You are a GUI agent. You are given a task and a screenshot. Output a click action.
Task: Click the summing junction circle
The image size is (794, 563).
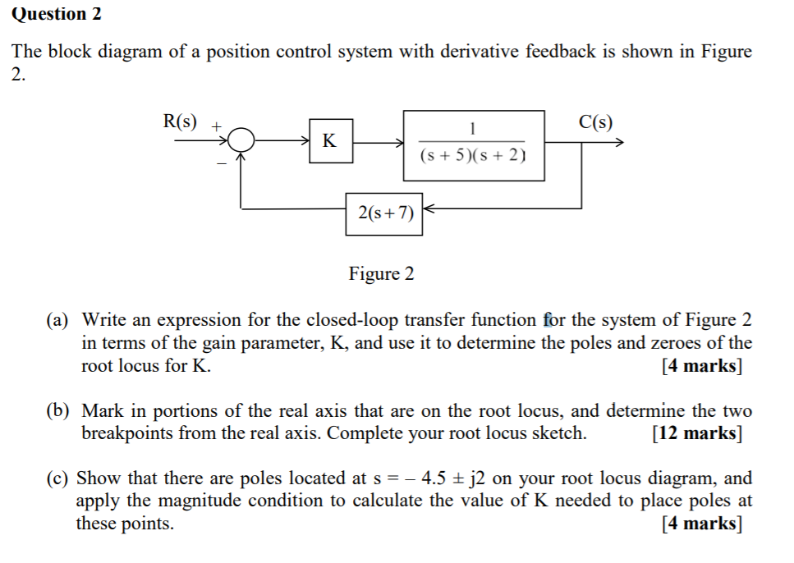point(241,141)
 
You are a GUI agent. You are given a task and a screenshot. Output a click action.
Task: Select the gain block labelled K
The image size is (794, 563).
point(329,140)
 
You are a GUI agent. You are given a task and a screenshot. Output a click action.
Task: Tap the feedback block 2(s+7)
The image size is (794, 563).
point(384,213)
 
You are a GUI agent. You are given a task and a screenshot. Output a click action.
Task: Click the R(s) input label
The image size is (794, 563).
point(180,121)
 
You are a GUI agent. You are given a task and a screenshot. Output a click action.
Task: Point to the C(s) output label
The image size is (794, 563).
point(594,123)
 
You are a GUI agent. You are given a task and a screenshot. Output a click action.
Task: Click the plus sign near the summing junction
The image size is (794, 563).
point(216,127)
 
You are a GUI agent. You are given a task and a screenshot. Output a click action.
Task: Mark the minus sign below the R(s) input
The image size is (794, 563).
point(221,164)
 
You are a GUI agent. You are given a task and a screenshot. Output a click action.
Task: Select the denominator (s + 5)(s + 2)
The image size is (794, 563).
point(473,155)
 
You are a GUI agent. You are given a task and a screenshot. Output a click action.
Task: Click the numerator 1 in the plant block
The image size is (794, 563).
point(473,128)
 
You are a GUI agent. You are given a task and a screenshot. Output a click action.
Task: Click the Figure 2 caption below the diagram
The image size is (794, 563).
point(381,273)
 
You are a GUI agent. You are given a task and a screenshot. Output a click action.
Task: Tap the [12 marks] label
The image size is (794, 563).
point(697,433)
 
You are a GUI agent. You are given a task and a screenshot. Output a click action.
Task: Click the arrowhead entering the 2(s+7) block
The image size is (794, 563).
point(428,210)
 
